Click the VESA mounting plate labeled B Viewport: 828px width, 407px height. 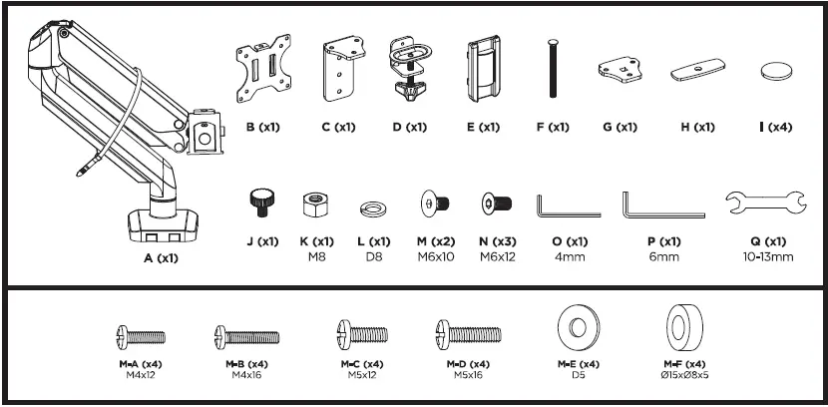click(x=263, y=68)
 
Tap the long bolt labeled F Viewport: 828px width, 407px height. click(x=553, y=68)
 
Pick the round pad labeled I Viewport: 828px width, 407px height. click(x=776, y=71)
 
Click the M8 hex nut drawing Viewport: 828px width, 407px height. click(x=316, y=204)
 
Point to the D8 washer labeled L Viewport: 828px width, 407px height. click(x=373, y=209)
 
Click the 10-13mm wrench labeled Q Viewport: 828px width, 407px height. click(x=766, y=203)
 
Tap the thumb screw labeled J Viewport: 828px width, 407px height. click(x=262, y=203)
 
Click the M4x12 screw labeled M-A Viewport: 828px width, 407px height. click(x=141, y=337)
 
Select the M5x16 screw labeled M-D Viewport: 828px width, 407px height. click(x=469, y=334)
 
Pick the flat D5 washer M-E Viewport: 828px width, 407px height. click(x=579, y=327)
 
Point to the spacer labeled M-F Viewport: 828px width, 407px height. click(x=684, y=328)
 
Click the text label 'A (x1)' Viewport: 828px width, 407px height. click(x=161, y=258)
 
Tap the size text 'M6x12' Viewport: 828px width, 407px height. click(x=498, y=257)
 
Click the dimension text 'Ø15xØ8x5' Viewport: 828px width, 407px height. click(x=684, y=375)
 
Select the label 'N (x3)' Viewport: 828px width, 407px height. click(x=498, y=241)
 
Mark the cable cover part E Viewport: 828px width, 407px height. click(x=483, y=69)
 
